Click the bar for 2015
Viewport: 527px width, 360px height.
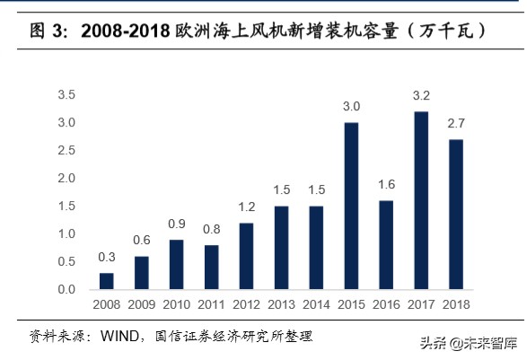click(x=352, y=206)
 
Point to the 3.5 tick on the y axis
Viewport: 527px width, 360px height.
click(x=66, y=95)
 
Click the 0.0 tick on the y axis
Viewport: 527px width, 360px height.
click(x=66, y=290)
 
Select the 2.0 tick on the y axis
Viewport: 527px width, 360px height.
click(x=66, y=179)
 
